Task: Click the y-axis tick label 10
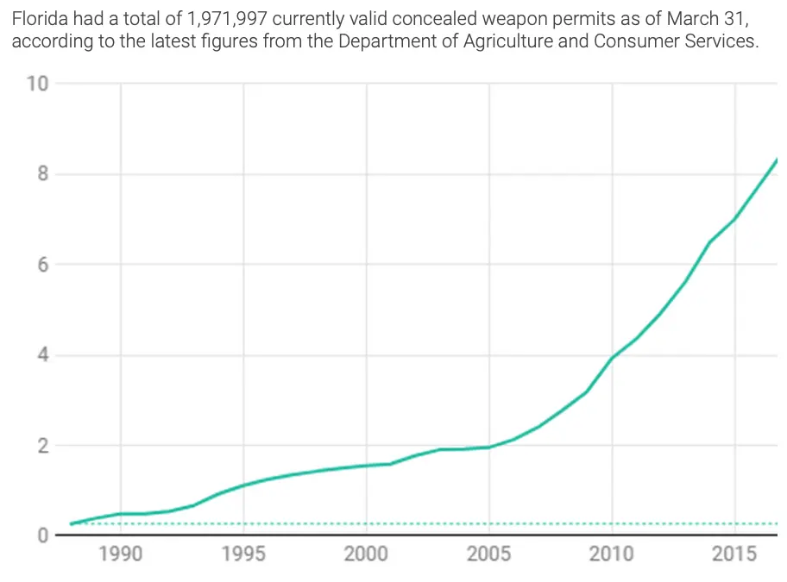tap(37, 84)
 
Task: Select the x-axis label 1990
tap(121, 554)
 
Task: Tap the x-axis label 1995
tap(243, 554)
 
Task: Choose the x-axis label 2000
tap(366, 554)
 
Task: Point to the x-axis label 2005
tap(489, 554)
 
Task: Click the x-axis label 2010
tap(612, 554)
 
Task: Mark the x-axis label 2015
tap(734, 554)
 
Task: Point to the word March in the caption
tap(679, 19)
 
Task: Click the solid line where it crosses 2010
tap(612, 358)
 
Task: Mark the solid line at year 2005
tap(489, 447)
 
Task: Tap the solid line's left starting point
tap(72, 523)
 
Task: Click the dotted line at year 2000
tap(366, 523)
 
